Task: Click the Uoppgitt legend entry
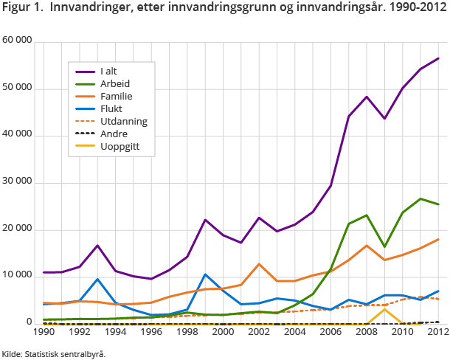coord(121,147)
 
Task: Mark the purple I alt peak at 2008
coord(366,97)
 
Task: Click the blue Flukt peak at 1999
coord(205,274)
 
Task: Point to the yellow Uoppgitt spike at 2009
coord(384,309)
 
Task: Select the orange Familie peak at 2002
coord(259,264)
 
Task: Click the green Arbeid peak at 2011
coord(420,198)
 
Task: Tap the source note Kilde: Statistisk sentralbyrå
coord(53,353)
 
